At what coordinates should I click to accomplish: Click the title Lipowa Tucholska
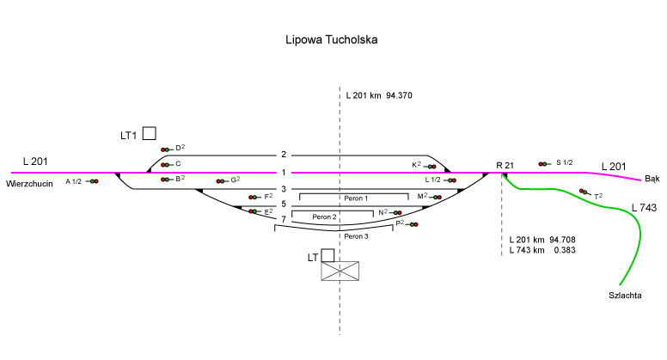(331, 40)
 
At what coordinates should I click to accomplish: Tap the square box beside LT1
(150, 133)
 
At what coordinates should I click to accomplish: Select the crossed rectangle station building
(340, 272)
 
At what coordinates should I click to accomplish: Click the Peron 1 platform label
(356, 198)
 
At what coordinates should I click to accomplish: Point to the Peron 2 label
(324, 217)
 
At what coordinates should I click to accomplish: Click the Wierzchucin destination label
(30, 183)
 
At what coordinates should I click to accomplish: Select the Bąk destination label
(652, 179)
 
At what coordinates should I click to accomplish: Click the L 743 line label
(644, 208)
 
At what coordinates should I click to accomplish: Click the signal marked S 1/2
(544, 163)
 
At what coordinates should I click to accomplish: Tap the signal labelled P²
(413, 224)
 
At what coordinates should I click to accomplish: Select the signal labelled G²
(222, 181)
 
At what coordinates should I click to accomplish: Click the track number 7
(283, 220)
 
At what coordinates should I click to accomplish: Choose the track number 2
(283, 155)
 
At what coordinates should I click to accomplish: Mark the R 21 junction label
(505, 164)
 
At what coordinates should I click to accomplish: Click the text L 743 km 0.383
(542, 249)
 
